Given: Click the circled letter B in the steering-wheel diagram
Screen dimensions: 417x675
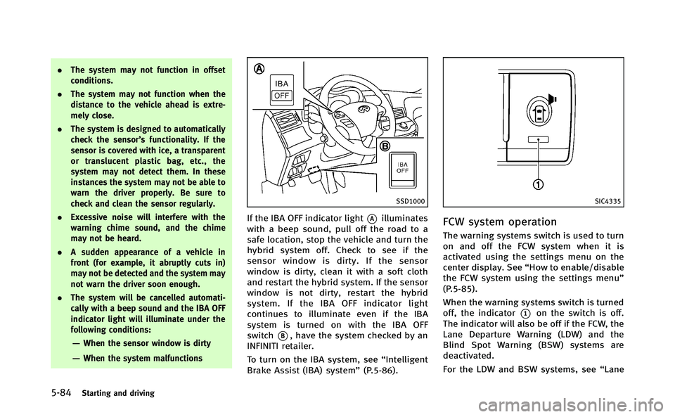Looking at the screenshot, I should point(385,146).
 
